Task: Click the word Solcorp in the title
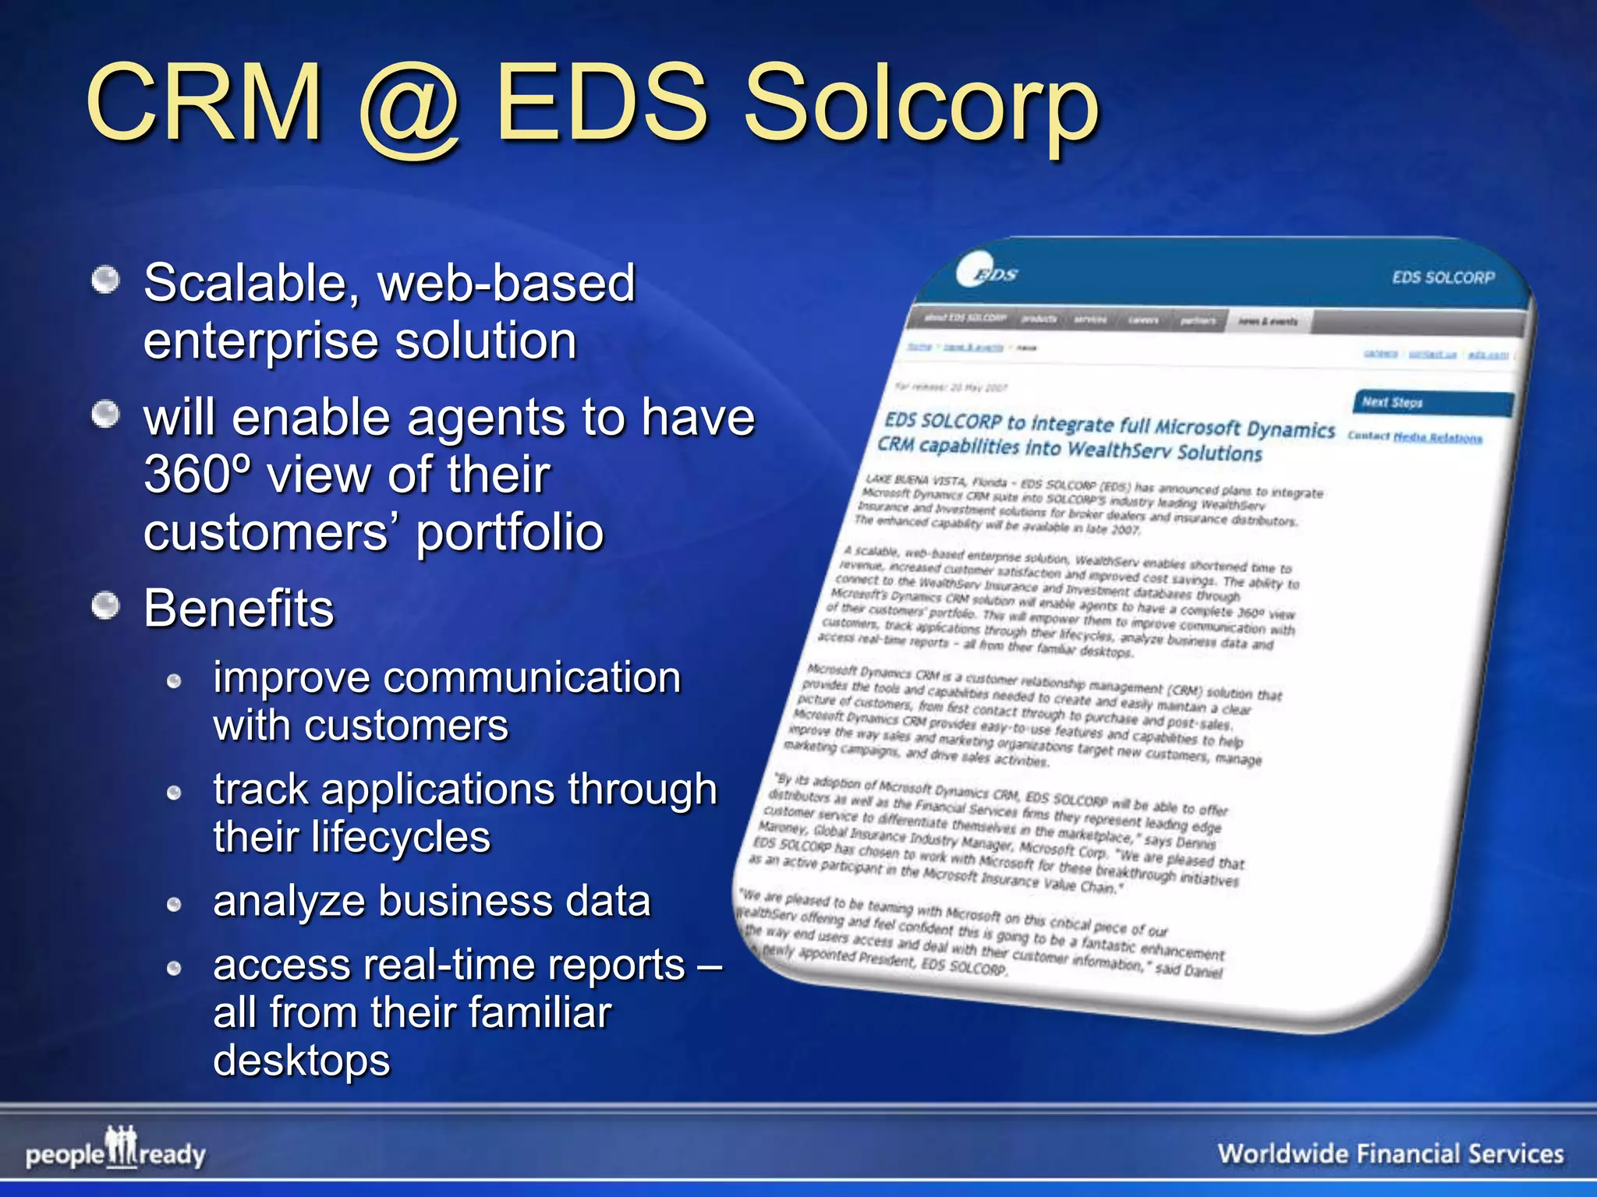(x=920, y=105)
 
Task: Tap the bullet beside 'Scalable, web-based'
(x=105, y=281)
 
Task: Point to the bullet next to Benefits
(x=105, y=606)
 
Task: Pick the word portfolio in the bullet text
(x=510, y=533)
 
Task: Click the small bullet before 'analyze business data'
(x=175, y=905)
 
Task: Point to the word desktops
(x=302, y=1061)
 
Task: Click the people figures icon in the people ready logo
(x=122, y=1146)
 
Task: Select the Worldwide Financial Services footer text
(x=1390, y=1153)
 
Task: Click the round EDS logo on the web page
(x=984, y=273)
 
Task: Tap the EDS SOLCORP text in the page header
(x=1443, y=277)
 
